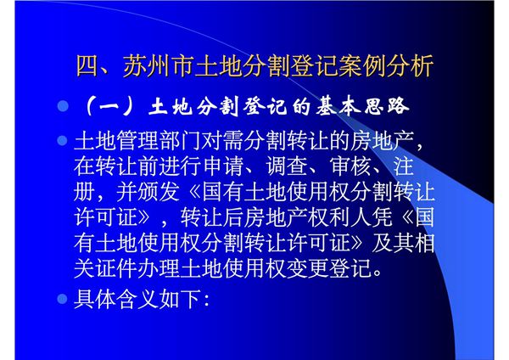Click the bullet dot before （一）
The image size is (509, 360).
pos(61,108)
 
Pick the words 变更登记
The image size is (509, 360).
pos(337,272)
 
